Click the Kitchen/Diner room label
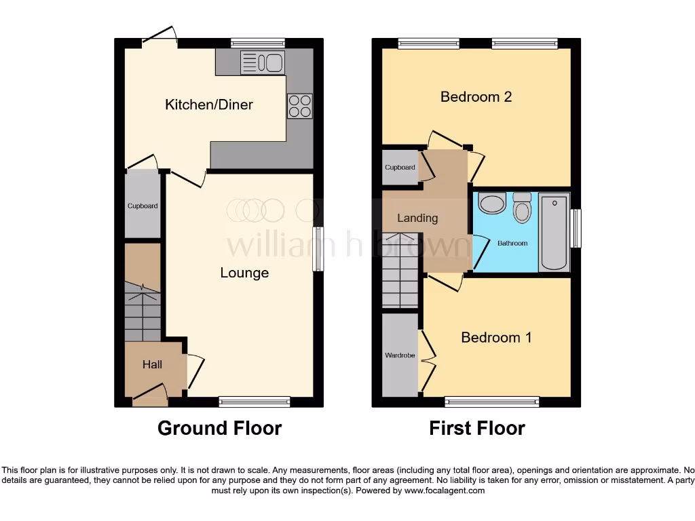pyautogui.click(x=209, y=104)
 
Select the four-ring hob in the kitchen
pyautogui.click(x=300, y=105)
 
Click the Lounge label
pyautogui.click(x=244, y=273)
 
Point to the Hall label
pyautogui.click(x=152, y=365)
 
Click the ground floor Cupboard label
pyautogui.click(x=143, y=206)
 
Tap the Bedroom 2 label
pyautogui.click(x=476, y=96)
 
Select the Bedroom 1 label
pyautogui.click(x=496, y=337)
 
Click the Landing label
pyautogui.click(x=417, y=218)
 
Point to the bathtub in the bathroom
pyautogui.click(x=554, y=232)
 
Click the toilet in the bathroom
pyautogui.click(x=522, y=208)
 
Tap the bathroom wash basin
pyautogui.click(x=491, y=203)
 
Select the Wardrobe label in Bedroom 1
pyautogui.click(x=399, y=354)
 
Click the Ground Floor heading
pyautogui.click(x=219, y=428)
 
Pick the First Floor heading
pyautogui.click(x=476, y=428)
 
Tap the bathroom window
pyautogui.click(x=576, y=228)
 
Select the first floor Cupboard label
pyautogui.click(x=400, y=168)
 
